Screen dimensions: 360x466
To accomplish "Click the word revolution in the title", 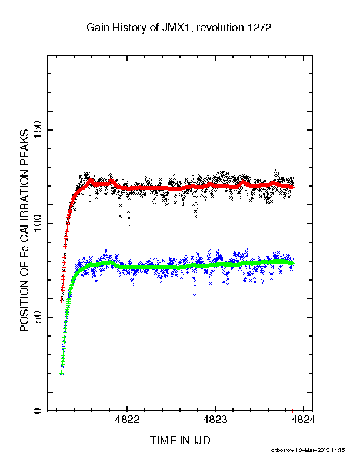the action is [220, 28].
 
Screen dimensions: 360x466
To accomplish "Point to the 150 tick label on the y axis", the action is [38, 130].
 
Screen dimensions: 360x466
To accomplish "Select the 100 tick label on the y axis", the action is [38, 224].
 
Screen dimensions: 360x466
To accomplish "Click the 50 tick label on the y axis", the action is [38, 317].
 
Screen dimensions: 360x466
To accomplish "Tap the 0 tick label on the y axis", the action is [38, 411].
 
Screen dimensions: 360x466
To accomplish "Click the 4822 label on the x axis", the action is [127, 420].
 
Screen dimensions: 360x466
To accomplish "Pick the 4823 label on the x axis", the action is [215, 420].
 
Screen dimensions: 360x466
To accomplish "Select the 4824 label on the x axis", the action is [304, 420].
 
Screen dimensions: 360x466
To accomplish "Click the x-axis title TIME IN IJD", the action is [180, 440].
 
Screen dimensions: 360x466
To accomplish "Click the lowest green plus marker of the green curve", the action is [62, 373].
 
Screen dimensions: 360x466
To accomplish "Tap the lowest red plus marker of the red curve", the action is [62, 301].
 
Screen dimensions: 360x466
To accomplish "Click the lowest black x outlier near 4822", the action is [129, 227].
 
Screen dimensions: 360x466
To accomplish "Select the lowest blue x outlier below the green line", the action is [195, 296].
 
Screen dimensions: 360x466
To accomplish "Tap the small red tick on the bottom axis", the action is [292, 411].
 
